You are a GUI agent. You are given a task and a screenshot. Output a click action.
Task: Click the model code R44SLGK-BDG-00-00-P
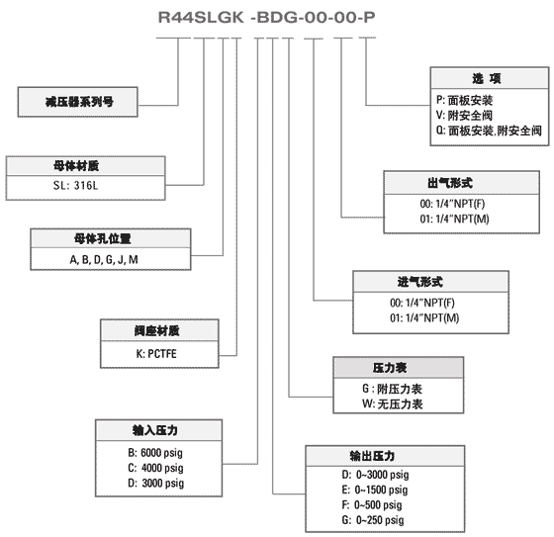click(267, 18)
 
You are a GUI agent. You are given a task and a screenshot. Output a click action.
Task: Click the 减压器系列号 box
click(78, 102)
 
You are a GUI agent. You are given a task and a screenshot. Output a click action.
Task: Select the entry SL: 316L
click(75, 185)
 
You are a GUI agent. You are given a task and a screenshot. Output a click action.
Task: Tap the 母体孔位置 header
click(103, 238)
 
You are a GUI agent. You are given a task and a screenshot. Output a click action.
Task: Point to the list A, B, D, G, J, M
click(104, 260)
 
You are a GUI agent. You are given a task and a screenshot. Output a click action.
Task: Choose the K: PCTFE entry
click(156, 354)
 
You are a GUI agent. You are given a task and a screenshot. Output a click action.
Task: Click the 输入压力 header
click(155, 430)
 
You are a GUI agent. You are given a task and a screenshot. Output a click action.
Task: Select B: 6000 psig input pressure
click(155, 453)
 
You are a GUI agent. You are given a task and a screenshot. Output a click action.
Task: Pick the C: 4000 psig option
click(155, 468)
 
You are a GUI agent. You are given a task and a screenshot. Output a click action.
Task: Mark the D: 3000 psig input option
click(156, 483)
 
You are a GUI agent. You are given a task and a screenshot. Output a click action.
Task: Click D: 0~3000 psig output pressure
click(375, 475)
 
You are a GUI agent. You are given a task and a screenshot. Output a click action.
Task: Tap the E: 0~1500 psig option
click(375, 490)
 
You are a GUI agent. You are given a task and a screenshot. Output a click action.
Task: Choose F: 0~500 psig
click(372, 504)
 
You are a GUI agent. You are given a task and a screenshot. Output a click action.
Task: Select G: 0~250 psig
click(373, 520)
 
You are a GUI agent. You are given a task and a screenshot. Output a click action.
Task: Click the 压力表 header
click(390, 368)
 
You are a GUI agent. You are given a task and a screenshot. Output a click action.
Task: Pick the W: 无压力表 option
click(392, 403)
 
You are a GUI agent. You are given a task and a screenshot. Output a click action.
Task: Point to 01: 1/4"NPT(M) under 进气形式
click(424, 318)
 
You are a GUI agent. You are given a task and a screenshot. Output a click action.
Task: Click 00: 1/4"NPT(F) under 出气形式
click(452, 204)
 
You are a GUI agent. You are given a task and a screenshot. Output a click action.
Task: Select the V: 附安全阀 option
click(464, 115)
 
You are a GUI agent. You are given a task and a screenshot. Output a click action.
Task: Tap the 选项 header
click(487, 78)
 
